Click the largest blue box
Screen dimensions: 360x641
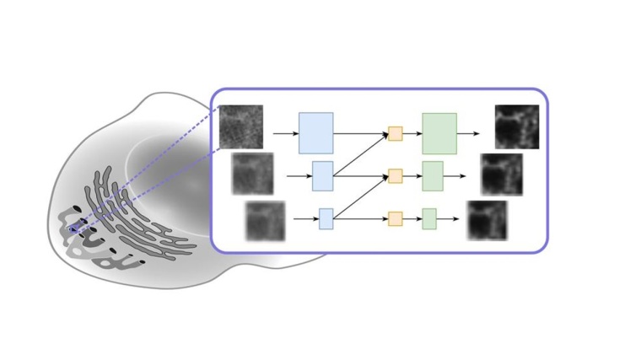coord(315,133)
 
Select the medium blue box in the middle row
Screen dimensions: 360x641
coord(323,175)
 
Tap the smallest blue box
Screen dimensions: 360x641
coord(326,219)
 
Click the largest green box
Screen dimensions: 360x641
coord(439,133)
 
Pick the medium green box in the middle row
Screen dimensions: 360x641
coord(433,175)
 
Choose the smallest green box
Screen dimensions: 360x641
coord(429,219)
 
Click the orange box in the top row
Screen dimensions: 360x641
coord(395,133)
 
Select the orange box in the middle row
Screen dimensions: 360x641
coord(395,175)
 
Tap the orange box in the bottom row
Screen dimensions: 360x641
coord(395,219)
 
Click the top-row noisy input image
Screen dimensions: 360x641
coord(241,126)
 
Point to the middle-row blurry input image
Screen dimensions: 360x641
coord(253,174)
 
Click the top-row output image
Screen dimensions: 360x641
coord(516,126)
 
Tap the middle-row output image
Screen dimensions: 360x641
coord(502,175)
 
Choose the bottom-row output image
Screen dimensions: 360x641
coord(487,220)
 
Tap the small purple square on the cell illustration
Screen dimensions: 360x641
coord(73,228)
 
